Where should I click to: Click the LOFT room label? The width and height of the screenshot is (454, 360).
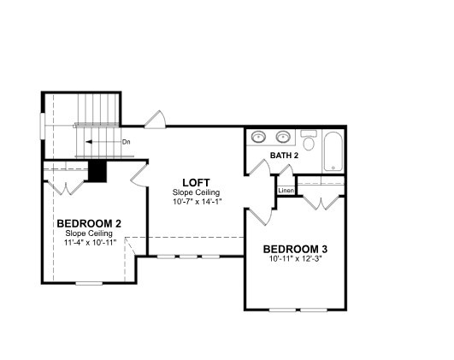[x=196, y=183]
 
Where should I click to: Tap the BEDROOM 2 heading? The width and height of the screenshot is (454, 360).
[x=89, y=223]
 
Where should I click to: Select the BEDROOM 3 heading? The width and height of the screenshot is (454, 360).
[x=295, y=249]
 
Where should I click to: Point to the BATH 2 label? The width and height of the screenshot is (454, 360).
[x=284, y=156]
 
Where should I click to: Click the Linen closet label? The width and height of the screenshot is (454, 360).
[x=286, y=191]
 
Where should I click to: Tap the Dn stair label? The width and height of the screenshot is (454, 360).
[x=127, y=142]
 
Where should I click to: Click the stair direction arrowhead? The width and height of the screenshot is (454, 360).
[x=89, y=142]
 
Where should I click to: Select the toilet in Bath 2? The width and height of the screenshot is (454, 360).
[x=309, y=140]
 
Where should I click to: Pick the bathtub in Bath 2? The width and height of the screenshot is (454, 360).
[x=333, y=151]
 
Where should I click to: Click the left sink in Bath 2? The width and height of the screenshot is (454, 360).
[x=258, y=137]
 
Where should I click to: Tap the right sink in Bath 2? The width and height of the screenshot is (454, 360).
[x=283, y=137]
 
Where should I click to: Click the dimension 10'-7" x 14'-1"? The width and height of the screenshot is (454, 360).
[x=198, y=202]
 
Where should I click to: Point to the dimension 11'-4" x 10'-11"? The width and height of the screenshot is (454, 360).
[x=90, y=242]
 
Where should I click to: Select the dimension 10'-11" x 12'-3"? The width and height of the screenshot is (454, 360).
[x=296, y=258]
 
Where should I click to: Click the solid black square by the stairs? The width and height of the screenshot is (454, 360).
[x=97, y=171]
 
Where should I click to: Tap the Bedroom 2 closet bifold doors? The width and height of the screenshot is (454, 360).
[x=67, y=187]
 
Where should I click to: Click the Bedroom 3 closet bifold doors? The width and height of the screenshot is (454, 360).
[x=321, y=203]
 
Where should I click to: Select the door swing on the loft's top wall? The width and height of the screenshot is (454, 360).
[x=156, y=120]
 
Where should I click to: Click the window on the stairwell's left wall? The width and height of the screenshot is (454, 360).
[x=43, y=126]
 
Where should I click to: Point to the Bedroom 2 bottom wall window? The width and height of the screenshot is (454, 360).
[x=89, y=283]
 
